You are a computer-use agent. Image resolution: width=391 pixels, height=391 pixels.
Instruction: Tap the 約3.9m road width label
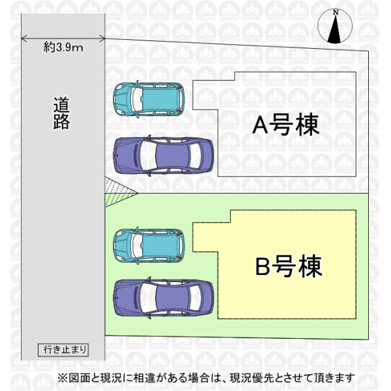coord(63,48)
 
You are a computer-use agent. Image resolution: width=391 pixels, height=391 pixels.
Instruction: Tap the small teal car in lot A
coord(148,98)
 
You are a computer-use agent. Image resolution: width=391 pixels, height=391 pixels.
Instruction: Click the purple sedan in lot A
coord(163,156)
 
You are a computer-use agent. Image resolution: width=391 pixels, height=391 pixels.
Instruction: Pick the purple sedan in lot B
coord(163,298)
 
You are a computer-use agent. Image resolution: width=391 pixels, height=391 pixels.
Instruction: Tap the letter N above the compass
coord(335,12)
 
